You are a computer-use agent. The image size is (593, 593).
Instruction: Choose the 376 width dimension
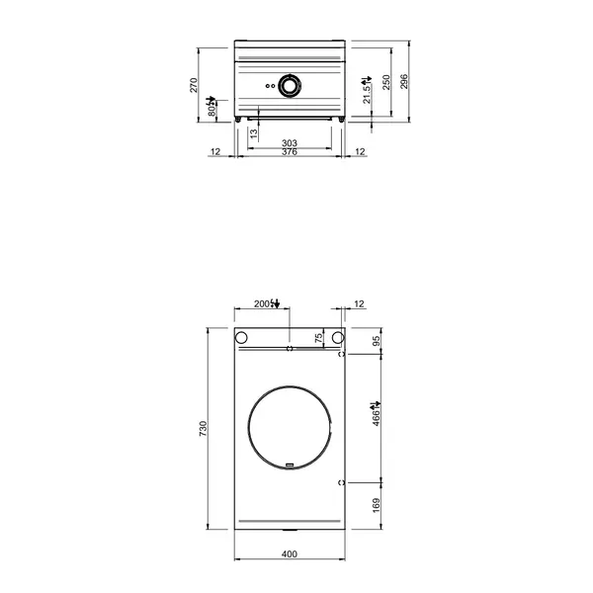[290, 153]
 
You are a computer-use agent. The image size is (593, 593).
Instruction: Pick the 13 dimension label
[253, 135]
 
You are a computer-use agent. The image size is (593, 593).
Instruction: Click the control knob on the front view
[290, 86]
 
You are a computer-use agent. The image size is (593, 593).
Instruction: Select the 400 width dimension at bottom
[289, 554]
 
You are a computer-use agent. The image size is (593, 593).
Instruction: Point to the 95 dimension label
[377, 341]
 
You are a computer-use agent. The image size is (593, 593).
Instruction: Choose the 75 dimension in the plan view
[318, 339]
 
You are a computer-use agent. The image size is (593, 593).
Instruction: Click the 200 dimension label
[262, 302]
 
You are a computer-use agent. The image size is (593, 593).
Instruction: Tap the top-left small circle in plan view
[240, 338]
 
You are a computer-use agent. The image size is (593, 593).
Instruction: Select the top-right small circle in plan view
[338, 338]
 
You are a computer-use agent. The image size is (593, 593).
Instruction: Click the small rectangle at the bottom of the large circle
[290, 463]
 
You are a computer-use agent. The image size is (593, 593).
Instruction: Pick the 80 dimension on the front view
[212, 111]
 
